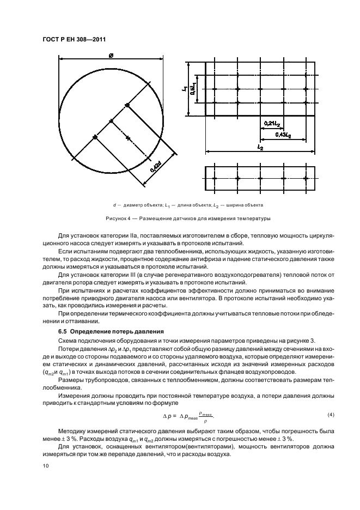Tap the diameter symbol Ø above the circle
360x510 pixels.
coord(111,54)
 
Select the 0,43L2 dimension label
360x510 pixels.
coord(283,134)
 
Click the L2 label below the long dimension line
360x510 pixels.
coord(260,148)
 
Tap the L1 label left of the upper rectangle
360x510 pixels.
coord(186,88)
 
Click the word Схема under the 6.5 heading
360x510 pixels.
coord(68,341)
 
